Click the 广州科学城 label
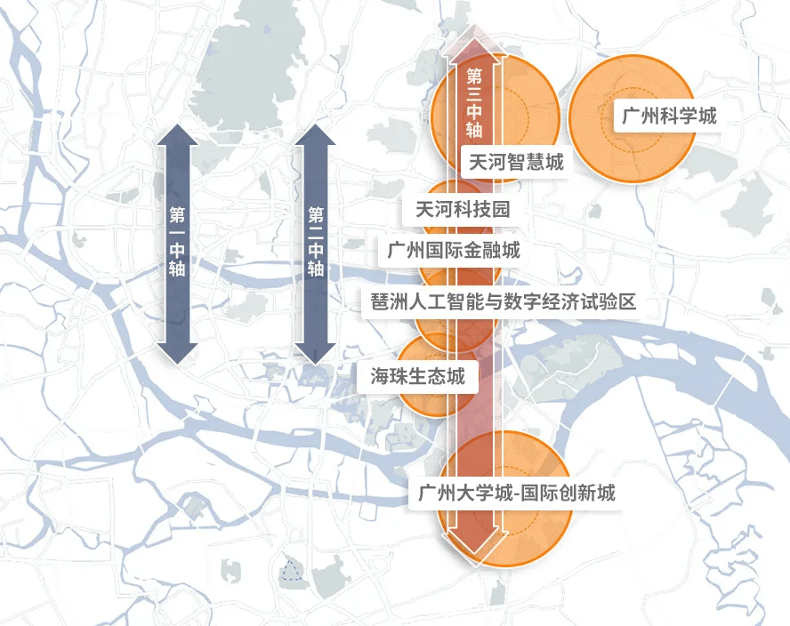pos(668,116)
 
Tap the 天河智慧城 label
pos(516,162)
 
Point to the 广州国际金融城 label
pos(453,250)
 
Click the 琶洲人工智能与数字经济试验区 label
pos(503,302)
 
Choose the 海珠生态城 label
pos(417,376)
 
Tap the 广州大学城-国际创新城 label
pos(516,493)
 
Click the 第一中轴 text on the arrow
pos(177,242)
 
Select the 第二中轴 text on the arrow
pos(316,242)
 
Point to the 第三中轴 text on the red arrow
pos(474,103)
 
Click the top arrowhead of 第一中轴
pos(177,135)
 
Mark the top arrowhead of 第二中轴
pos(316,135)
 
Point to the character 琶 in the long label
pos(380,302)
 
